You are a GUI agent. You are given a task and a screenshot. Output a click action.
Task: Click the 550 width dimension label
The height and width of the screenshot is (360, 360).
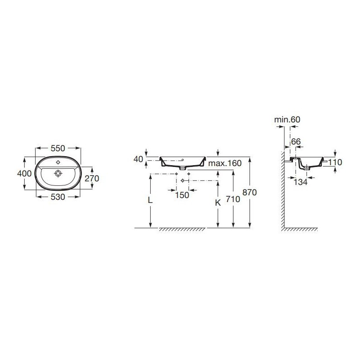click(58, 148)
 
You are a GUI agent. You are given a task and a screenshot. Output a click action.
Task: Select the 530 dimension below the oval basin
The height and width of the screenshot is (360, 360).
click(58, 197)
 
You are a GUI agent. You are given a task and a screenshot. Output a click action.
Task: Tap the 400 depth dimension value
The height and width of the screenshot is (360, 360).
click(24, 173)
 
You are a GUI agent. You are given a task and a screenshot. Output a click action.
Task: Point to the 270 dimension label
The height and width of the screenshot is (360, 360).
click(92, 178)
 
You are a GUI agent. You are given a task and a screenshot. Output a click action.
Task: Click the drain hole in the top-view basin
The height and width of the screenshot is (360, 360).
click(58, 173)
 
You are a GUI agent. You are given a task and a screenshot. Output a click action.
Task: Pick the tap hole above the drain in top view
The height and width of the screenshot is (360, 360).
click(58, 163)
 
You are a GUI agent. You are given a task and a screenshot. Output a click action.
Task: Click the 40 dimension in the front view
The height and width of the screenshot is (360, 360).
click(138, 159)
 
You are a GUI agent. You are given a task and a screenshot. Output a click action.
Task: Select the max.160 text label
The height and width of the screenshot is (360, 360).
click(225, 163)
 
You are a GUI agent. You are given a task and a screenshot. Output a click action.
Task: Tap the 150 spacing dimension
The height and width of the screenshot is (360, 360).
click(182, 195)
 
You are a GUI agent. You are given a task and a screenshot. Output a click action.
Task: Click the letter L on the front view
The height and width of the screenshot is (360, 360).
click(150, 200)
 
